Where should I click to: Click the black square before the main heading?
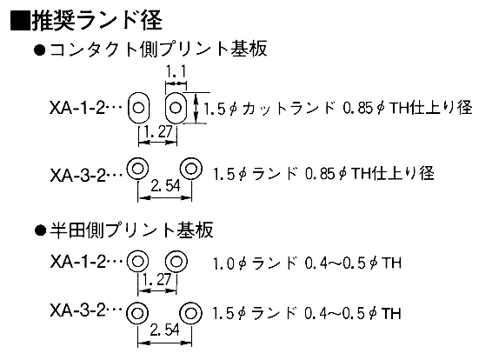[x=21, y=22]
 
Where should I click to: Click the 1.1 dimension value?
[x=176, y=71]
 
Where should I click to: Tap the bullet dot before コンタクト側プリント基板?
[x=40, y=50]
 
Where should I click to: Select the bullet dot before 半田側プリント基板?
[x=40, y=230]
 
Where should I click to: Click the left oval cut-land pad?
[x=129, y=109]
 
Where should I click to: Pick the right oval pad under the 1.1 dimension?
[x=166, y=109]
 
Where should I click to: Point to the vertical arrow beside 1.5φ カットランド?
[x=196, y=108]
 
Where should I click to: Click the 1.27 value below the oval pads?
[x=158, y=132]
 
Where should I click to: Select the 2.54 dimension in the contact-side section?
[x=165, y=186]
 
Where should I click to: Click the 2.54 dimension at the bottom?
[x=165, y=330]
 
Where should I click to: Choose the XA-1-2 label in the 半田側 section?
[x=77, y=262]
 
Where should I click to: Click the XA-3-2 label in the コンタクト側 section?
[x=77, y=176]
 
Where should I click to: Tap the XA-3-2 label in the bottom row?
[x=77, y=311]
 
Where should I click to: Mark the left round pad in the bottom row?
[x=127, y=313]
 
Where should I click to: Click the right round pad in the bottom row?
[x=181, y=313]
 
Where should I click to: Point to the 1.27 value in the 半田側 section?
[x=157, y=279]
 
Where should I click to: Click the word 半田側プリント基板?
[x=132, y=230]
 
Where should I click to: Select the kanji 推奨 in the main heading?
[x=53, y=22]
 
